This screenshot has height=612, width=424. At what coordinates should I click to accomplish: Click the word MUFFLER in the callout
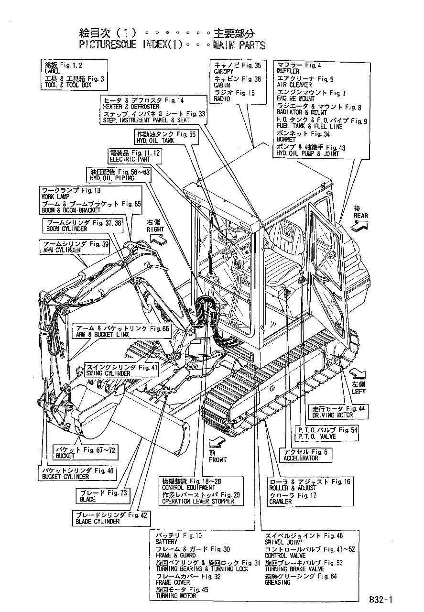[x=288, y=71]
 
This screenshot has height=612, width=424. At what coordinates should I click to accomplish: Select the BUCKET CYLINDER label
[x=65, y=477]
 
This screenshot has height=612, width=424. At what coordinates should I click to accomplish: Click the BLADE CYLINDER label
[x=98, y=521]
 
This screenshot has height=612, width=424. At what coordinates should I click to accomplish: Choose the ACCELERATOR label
[x=301, y=458]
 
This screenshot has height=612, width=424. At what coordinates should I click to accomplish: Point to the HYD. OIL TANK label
[x=155, y=142]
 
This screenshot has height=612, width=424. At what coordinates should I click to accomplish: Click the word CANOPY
[x=224, y=72]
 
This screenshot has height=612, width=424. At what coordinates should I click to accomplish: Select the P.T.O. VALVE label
[x=316, y=436]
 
